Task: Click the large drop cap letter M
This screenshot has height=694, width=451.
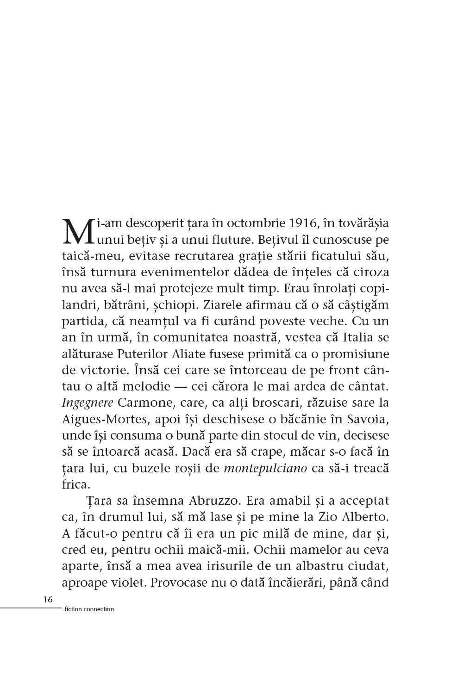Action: pos(77,231)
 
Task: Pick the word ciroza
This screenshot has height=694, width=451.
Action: pos(370,273)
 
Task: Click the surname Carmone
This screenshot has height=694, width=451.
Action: pos(142,403)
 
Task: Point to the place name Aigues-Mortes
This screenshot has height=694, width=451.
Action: pos(103,419)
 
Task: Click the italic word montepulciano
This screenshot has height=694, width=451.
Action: pos(265,468)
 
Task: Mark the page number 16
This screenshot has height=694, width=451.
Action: pos(47,600)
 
